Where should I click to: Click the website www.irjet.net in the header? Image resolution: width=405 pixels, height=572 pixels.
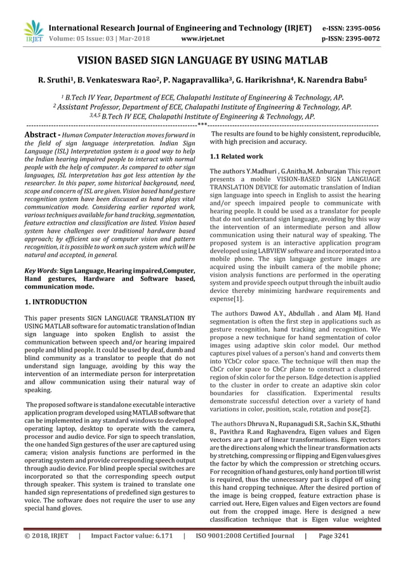202,38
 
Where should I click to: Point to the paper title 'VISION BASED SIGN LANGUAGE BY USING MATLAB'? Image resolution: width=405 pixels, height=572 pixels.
202,61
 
